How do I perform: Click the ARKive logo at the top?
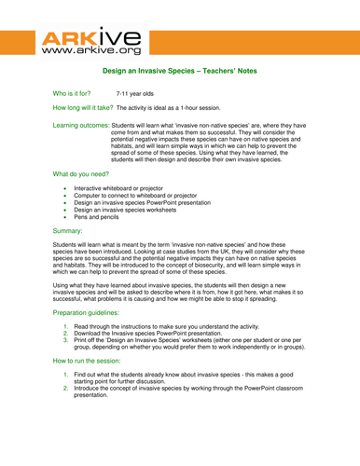click(x=90, y=43)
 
